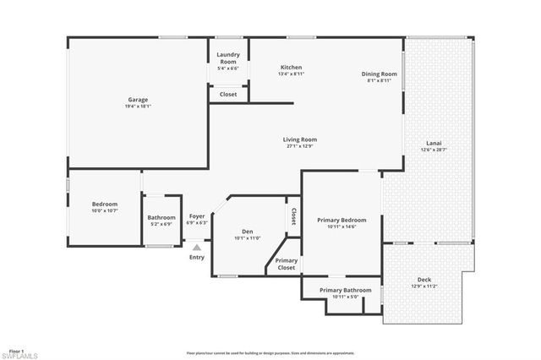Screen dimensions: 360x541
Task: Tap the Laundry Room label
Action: [228, 59]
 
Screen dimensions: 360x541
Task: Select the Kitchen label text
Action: [291, 68]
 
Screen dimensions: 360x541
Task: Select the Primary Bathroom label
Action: [345, 290]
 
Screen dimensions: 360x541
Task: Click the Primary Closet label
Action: [287, 264]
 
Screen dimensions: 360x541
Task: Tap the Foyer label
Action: [197, 216]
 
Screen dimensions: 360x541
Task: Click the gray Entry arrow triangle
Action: [197, 248]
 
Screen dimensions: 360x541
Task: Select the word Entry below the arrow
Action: [197, 258]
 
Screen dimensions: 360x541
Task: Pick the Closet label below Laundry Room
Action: [228, 94]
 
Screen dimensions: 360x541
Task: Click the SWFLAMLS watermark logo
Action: [19, 356]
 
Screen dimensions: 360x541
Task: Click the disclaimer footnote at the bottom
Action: [270, 352]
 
